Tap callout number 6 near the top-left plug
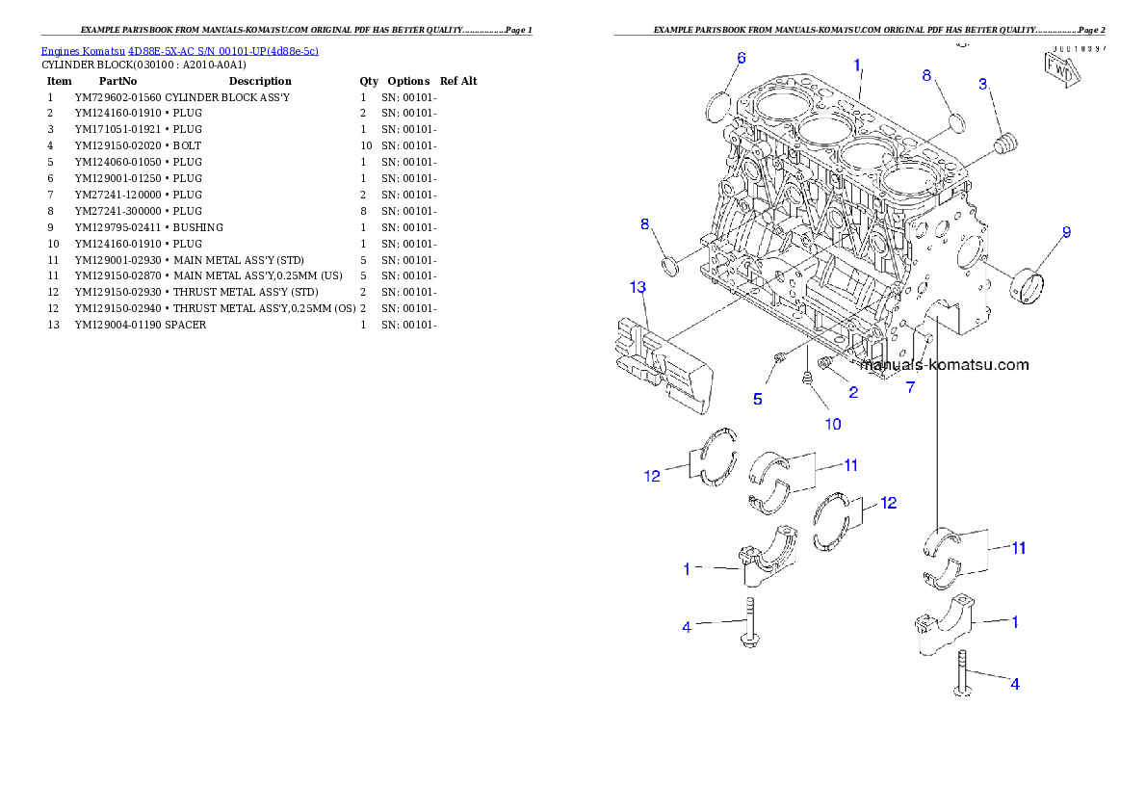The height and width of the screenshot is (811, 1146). coord(741,58)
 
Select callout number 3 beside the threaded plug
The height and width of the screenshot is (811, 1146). coord(983,85)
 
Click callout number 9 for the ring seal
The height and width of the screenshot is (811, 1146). coord(1066,232)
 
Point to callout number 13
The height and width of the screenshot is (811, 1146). coord(638,287)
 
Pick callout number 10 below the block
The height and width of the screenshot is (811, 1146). coord(832,424)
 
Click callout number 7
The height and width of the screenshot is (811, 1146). coord(910,387)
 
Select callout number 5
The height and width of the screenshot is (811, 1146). coord(758,399)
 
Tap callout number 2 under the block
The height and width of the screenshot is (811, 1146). coord(853,393)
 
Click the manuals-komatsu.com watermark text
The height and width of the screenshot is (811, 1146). coord(945,365)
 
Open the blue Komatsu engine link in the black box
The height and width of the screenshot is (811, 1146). coord(179,51)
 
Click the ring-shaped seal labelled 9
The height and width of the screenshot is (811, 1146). coord(1027,285)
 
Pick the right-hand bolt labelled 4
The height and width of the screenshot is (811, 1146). coord(962,672)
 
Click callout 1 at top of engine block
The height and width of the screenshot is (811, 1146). coord(856,65)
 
